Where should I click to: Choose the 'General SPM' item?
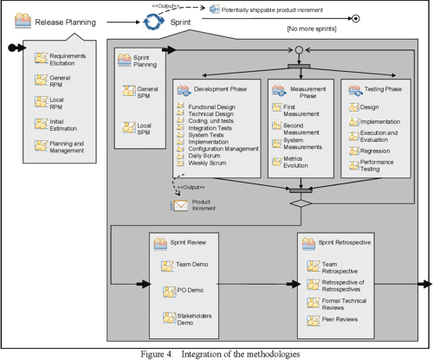(149, 93)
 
